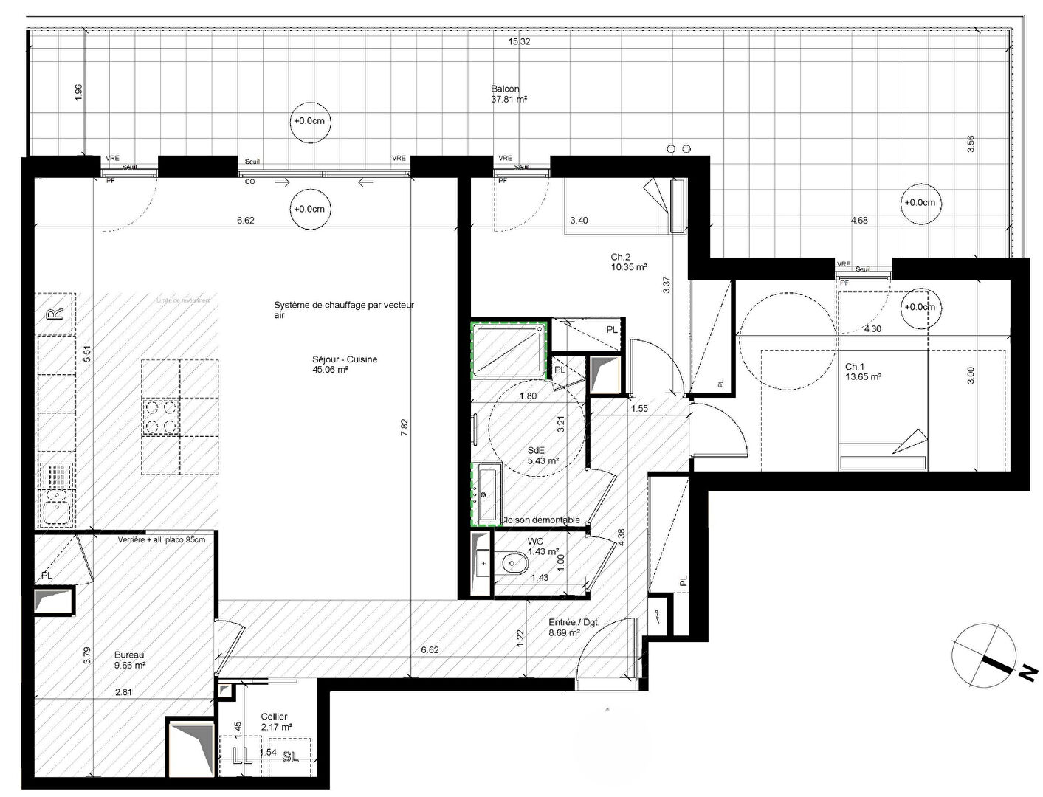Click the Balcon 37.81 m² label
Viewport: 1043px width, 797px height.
click(x=509, y=94)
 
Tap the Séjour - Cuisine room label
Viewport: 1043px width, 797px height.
click(x=345, y=365)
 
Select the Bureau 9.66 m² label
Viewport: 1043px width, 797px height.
click(x=130, y=660)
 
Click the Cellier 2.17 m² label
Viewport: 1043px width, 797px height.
click(x=276, y=722)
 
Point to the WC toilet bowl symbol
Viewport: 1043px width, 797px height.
click(x=512, y=565)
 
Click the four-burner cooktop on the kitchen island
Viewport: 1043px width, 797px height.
click(x=161, y=416)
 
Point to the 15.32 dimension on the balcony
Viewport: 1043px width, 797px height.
click(x=519, y=42)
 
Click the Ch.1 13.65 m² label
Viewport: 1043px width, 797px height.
click(x=863, y=371)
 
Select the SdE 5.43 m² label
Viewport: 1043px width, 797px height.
click(x=543, y=455)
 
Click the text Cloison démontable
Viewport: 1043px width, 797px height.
click(x=540, y=520)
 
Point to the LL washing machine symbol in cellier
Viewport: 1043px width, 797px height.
click(x=241, y=756)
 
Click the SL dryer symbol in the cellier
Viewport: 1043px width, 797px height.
click(x=290, y=756)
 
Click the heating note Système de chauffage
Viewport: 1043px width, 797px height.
click(x=344, y=309)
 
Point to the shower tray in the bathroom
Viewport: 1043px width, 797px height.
click(x=509, y=351)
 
